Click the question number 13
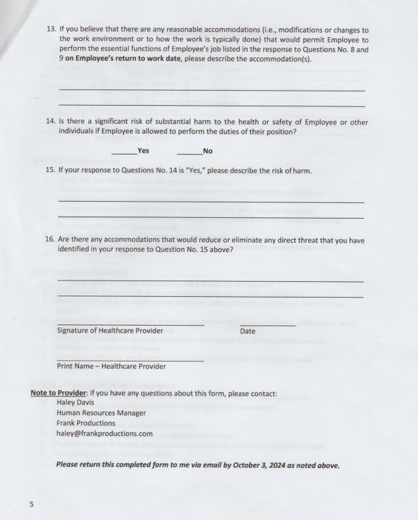[51, 29]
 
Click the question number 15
[51, 170]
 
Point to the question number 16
[51, 240]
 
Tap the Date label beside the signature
[248, 331]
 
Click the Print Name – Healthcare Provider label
[111, 367]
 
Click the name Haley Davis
[76, 403]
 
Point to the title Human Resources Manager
[101, 413]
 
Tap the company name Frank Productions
[86, 423]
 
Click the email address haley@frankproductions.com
[104, 433]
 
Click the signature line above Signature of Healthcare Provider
[131, 324]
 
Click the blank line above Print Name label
[130, 359]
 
